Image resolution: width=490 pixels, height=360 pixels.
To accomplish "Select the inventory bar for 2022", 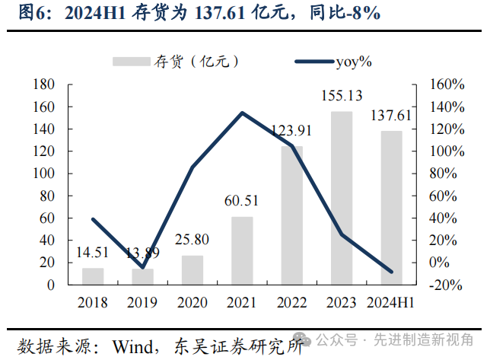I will coord(292,215).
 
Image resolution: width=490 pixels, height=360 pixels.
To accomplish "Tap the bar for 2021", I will coord(242,250).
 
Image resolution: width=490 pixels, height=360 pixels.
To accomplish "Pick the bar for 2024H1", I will coord(391,208).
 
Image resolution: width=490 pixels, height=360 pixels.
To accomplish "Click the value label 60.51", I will coord(242,202).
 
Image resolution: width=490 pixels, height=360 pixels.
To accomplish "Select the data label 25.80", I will coord(192,240).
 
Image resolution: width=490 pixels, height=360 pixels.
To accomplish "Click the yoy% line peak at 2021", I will coord(242,113).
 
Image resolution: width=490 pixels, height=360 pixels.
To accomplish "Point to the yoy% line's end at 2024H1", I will coord(391,271).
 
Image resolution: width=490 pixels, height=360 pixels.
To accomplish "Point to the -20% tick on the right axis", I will coord(444,285).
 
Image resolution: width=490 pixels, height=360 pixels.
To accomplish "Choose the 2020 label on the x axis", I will coord(192,302).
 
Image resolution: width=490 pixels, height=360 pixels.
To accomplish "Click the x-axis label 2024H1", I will coord(390,302).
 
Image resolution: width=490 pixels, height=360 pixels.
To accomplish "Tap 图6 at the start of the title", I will coord(33,13).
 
